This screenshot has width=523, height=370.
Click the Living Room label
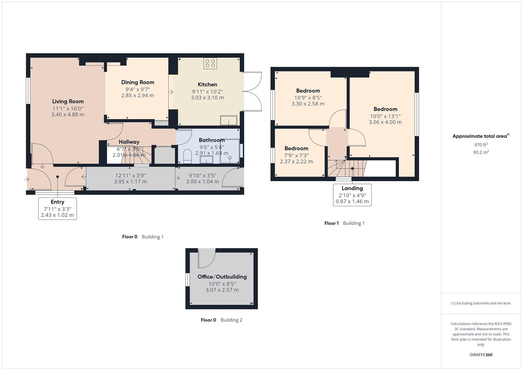point(68,101)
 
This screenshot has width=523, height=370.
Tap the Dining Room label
point(138,82)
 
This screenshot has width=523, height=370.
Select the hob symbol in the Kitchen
point(210,63)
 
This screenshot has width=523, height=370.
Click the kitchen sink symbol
point(228,121)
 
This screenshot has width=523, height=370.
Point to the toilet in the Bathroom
point(187,156)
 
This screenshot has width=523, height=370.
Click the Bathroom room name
point(212,140)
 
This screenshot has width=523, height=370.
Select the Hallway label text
point(129,142)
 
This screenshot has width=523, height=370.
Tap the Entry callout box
point(58,208)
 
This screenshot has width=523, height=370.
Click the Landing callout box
point(352,195)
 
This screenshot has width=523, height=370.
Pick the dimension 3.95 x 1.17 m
point(130,182)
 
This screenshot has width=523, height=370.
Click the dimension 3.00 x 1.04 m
point(202,182)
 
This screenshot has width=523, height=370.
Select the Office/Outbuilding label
point(222,277)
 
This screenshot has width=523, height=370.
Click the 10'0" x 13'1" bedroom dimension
point(385,116)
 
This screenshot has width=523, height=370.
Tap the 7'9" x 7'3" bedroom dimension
point(296,155)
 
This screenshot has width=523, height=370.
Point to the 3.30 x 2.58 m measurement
point(308,103)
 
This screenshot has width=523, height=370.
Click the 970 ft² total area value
point(481,145)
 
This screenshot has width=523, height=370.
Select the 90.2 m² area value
point(481,152)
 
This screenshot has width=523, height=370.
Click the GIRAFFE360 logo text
point(481,355)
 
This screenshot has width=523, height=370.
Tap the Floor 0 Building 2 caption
point(222,320)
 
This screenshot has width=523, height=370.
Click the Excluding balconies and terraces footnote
point(481,303)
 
